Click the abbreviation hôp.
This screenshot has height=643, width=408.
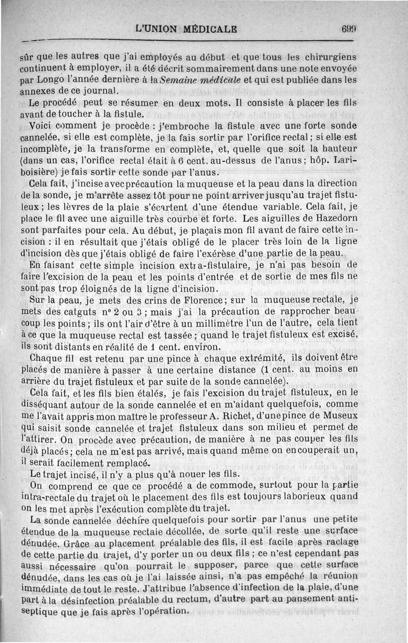pos(315,160)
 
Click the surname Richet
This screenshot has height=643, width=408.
pos(243,416)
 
